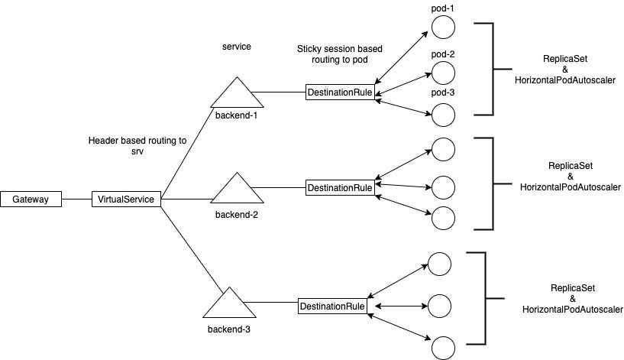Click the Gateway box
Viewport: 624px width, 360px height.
31,199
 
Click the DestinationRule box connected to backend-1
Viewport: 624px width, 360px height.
340,92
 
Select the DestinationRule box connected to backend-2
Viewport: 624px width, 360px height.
340,187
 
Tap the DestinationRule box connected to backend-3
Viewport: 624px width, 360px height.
333,306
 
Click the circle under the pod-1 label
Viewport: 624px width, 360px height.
444,28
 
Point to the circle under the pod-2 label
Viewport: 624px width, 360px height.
444,73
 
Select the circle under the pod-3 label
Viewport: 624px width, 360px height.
444,115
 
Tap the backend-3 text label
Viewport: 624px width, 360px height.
229,330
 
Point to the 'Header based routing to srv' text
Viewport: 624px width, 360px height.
137,146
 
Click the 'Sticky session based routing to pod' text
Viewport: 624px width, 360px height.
340,55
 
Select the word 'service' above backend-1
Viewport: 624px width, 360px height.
236,47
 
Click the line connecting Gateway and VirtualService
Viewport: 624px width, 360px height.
76,199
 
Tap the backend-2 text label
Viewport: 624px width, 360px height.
236,215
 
